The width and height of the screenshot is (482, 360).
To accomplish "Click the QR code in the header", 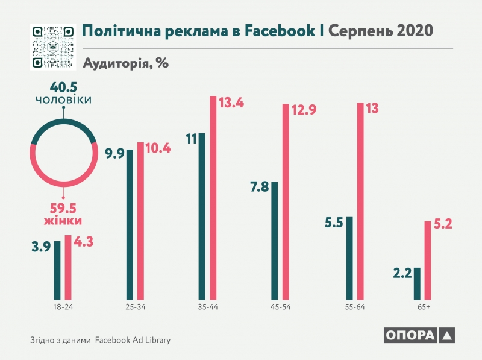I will [51, 46].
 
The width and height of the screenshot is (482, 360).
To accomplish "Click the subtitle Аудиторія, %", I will [125, 63].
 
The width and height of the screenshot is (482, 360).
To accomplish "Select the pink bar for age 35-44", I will [213, 197].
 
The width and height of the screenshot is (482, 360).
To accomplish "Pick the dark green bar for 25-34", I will [130, 224].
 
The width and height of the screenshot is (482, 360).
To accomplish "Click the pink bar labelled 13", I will [360, 201].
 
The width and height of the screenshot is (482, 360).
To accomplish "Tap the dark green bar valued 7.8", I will [275, 240].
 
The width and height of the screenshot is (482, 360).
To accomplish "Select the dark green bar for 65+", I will [417, 283].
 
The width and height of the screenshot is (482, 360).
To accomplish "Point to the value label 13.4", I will [231, 103].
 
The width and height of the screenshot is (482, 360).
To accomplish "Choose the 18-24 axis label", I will [63, 308].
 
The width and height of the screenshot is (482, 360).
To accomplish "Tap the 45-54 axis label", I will [280, 308].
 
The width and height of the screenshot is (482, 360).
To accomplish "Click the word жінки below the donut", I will [63, 221].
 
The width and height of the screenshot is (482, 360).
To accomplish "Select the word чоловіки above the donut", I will [64, 99].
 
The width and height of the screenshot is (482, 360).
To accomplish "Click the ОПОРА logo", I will [417, 336].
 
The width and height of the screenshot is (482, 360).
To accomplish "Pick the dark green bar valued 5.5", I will [349, 257].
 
